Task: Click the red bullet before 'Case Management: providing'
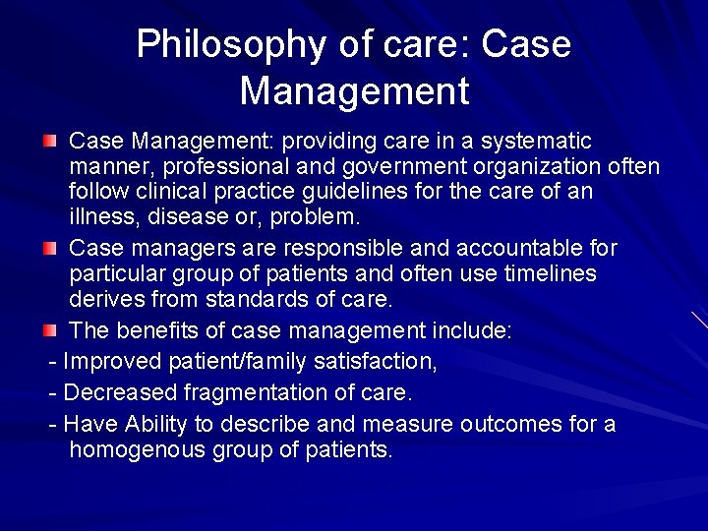(x=50, y=142)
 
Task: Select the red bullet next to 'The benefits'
(x=50, y=331)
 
